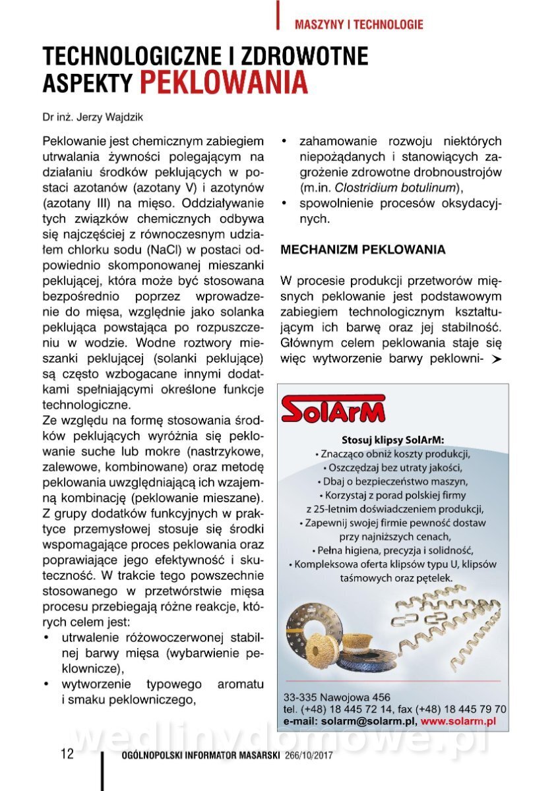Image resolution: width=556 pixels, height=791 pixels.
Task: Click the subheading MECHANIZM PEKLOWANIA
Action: (363, 250)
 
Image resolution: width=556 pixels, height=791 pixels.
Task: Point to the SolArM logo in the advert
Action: (333, 409)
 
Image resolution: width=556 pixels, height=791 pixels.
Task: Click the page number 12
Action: (67, 754)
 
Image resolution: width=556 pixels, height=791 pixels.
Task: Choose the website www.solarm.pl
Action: (458, 722)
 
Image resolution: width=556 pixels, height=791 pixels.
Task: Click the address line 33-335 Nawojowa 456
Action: (336, 697)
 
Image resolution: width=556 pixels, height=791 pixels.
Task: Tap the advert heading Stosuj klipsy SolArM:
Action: (393, 440)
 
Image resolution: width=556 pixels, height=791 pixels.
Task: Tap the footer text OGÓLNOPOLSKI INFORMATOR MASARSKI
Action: (202, 755)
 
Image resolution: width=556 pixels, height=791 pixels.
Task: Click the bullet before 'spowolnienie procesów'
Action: (284, 203)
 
